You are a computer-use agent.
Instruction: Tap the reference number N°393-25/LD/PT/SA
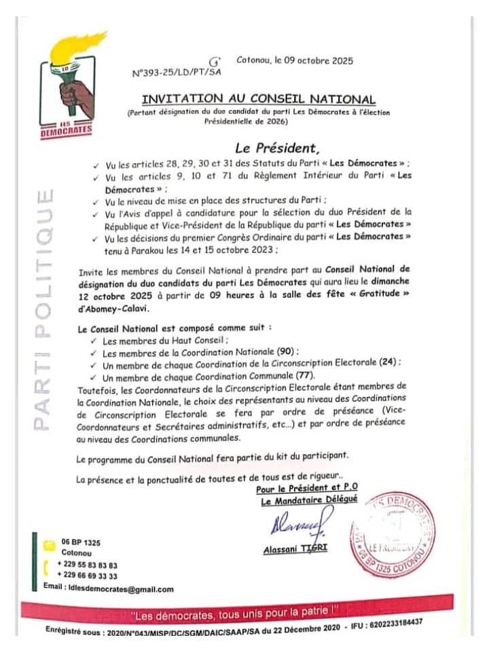coord(177,71)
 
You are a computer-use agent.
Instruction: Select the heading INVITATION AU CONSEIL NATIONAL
coord(259,99)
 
